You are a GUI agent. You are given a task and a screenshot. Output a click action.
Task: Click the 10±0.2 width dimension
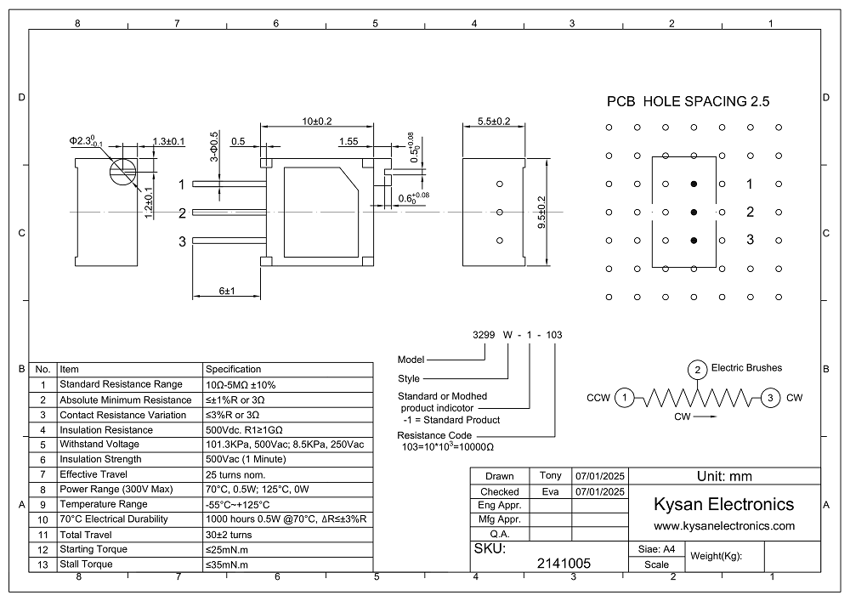[x=317, y=121]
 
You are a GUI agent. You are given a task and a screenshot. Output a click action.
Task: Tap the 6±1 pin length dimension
[x=226, y=291]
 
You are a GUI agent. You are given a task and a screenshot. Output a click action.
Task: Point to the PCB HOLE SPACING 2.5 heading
[x=688, y=101]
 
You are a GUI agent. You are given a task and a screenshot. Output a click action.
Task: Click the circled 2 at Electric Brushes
[x=697, y=370]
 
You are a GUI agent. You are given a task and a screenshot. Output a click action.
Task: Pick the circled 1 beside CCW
[x=625, y=398]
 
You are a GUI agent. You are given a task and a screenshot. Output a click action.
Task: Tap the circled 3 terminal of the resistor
[x=769, y=398]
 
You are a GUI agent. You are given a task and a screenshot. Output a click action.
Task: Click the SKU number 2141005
[x=565, y=563]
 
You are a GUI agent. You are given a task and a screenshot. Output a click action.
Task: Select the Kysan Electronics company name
[x=724, y=504]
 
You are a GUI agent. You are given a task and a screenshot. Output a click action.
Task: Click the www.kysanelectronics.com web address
[x=724, y=526]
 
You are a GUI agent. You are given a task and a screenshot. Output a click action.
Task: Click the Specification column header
[x=234, y=370]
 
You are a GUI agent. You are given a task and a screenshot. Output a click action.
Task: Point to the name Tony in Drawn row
[x=550, y=475]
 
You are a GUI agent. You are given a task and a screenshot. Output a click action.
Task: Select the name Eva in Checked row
[x=550, y=490]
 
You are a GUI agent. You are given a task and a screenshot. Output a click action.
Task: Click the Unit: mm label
[x=724, y=476]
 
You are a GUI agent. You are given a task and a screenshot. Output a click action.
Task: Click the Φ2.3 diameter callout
[x=86, y=141]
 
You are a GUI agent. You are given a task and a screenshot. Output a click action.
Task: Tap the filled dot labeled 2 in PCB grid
[x=694, y=212]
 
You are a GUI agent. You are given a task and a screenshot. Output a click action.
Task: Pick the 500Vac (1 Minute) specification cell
[x=246, y=459]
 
